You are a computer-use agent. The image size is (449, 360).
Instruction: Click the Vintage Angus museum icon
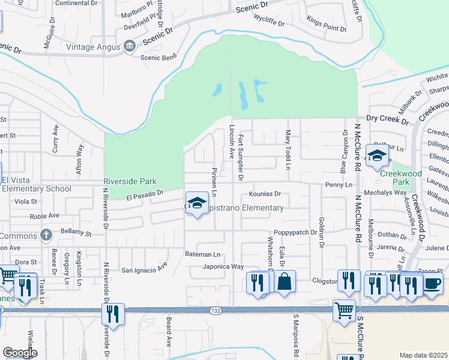tap(129, 46)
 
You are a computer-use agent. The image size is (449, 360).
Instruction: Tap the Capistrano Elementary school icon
tap(196, 203)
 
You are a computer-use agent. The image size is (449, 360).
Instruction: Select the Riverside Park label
tap(130, 181)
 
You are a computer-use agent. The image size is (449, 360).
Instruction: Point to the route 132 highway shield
tap(215, 311)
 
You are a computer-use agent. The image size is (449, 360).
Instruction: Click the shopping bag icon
tap(285, 281)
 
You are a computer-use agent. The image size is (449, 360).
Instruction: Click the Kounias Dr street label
tap(265, 194)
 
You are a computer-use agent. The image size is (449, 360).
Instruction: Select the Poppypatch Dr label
tap(294, 232)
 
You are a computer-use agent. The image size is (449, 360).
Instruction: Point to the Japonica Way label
tap(223, 266)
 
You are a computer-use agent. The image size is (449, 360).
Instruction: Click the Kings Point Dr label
tap(327, 28)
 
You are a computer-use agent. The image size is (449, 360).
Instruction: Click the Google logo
tap(20, 353)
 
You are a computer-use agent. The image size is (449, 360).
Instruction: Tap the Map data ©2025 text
tap(424, 355)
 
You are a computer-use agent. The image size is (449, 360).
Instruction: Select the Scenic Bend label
tap(158, 58)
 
